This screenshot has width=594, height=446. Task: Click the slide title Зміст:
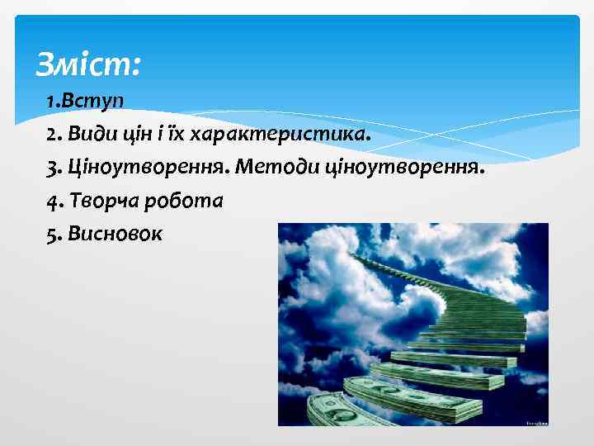89,64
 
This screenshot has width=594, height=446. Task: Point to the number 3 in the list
53,168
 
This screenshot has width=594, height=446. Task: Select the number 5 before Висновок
53,234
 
